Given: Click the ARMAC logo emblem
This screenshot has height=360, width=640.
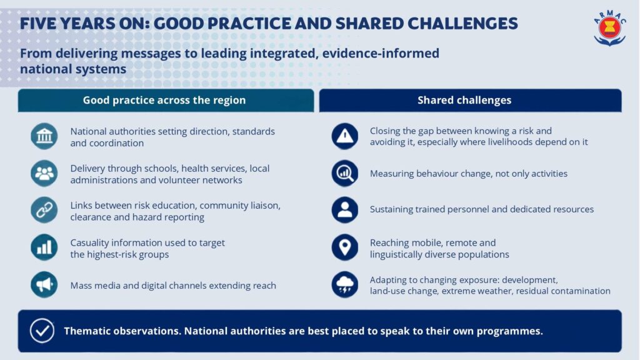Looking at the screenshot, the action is click(609, 27).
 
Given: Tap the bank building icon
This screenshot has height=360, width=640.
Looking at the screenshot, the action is click(44, 136).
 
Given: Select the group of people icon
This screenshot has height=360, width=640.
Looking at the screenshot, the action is click(44, 174).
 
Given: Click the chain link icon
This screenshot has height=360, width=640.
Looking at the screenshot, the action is click(44, 210).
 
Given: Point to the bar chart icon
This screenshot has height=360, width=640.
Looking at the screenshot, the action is click(44, 247).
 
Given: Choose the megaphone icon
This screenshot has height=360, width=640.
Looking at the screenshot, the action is click(44, 284).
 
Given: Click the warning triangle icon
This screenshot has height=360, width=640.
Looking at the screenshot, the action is click(345, 136).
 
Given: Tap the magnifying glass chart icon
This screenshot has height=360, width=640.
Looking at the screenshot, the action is click(345, 173).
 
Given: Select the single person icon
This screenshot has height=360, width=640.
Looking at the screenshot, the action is click(345, 210).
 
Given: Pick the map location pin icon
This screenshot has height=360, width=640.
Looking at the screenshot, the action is click(345, 247).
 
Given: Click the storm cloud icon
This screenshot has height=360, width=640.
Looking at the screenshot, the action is click(345, 284).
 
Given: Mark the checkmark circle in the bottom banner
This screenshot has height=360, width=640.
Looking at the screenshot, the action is click(42, 331).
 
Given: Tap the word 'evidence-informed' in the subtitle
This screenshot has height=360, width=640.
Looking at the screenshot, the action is click(381, 54).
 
